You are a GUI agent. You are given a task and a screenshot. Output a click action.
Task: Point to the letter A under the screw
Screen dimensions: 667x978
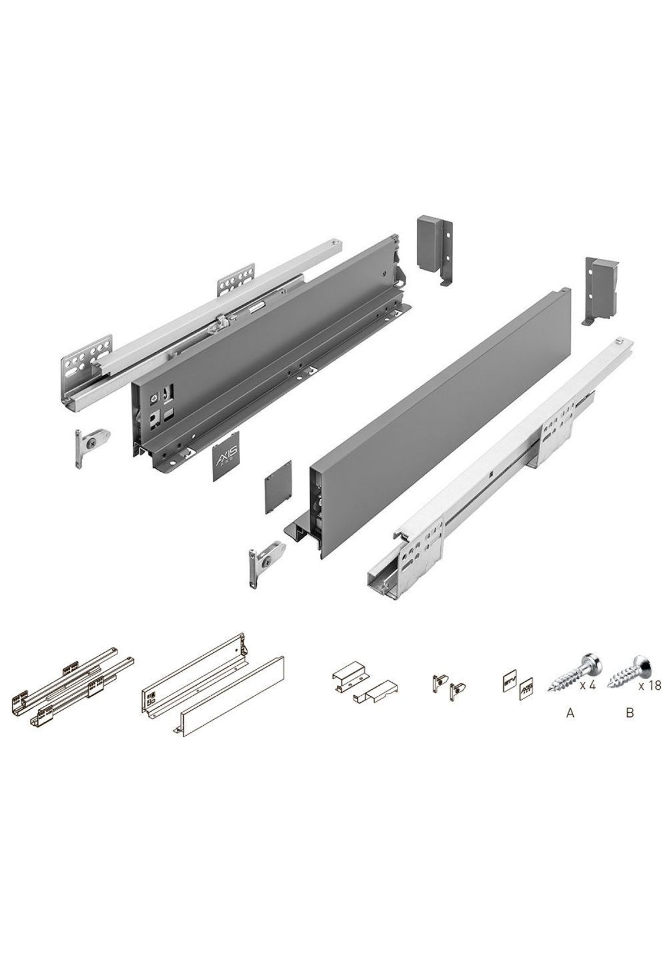(570, 713)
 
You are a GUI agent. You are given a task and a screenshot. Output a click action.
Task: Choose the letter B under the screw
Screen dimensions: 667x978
(630, 713)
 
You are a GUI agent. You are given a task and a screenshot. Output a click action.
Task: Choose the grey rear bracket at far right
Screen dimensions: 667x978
(600, 291)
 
